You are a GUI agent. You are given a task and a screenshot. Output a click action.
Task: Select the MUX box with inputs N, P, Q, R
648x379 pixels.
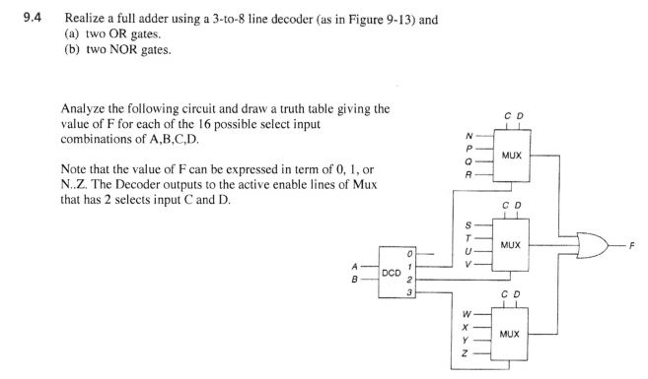coord(510,155)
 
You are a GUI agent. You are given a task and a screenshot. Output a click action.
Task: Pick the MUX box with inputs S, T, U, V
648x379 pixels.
coord(510,241)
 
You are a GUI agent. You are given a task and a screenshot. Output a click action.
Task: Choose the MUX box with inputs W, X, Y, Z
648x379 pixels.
coord(510,334)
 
